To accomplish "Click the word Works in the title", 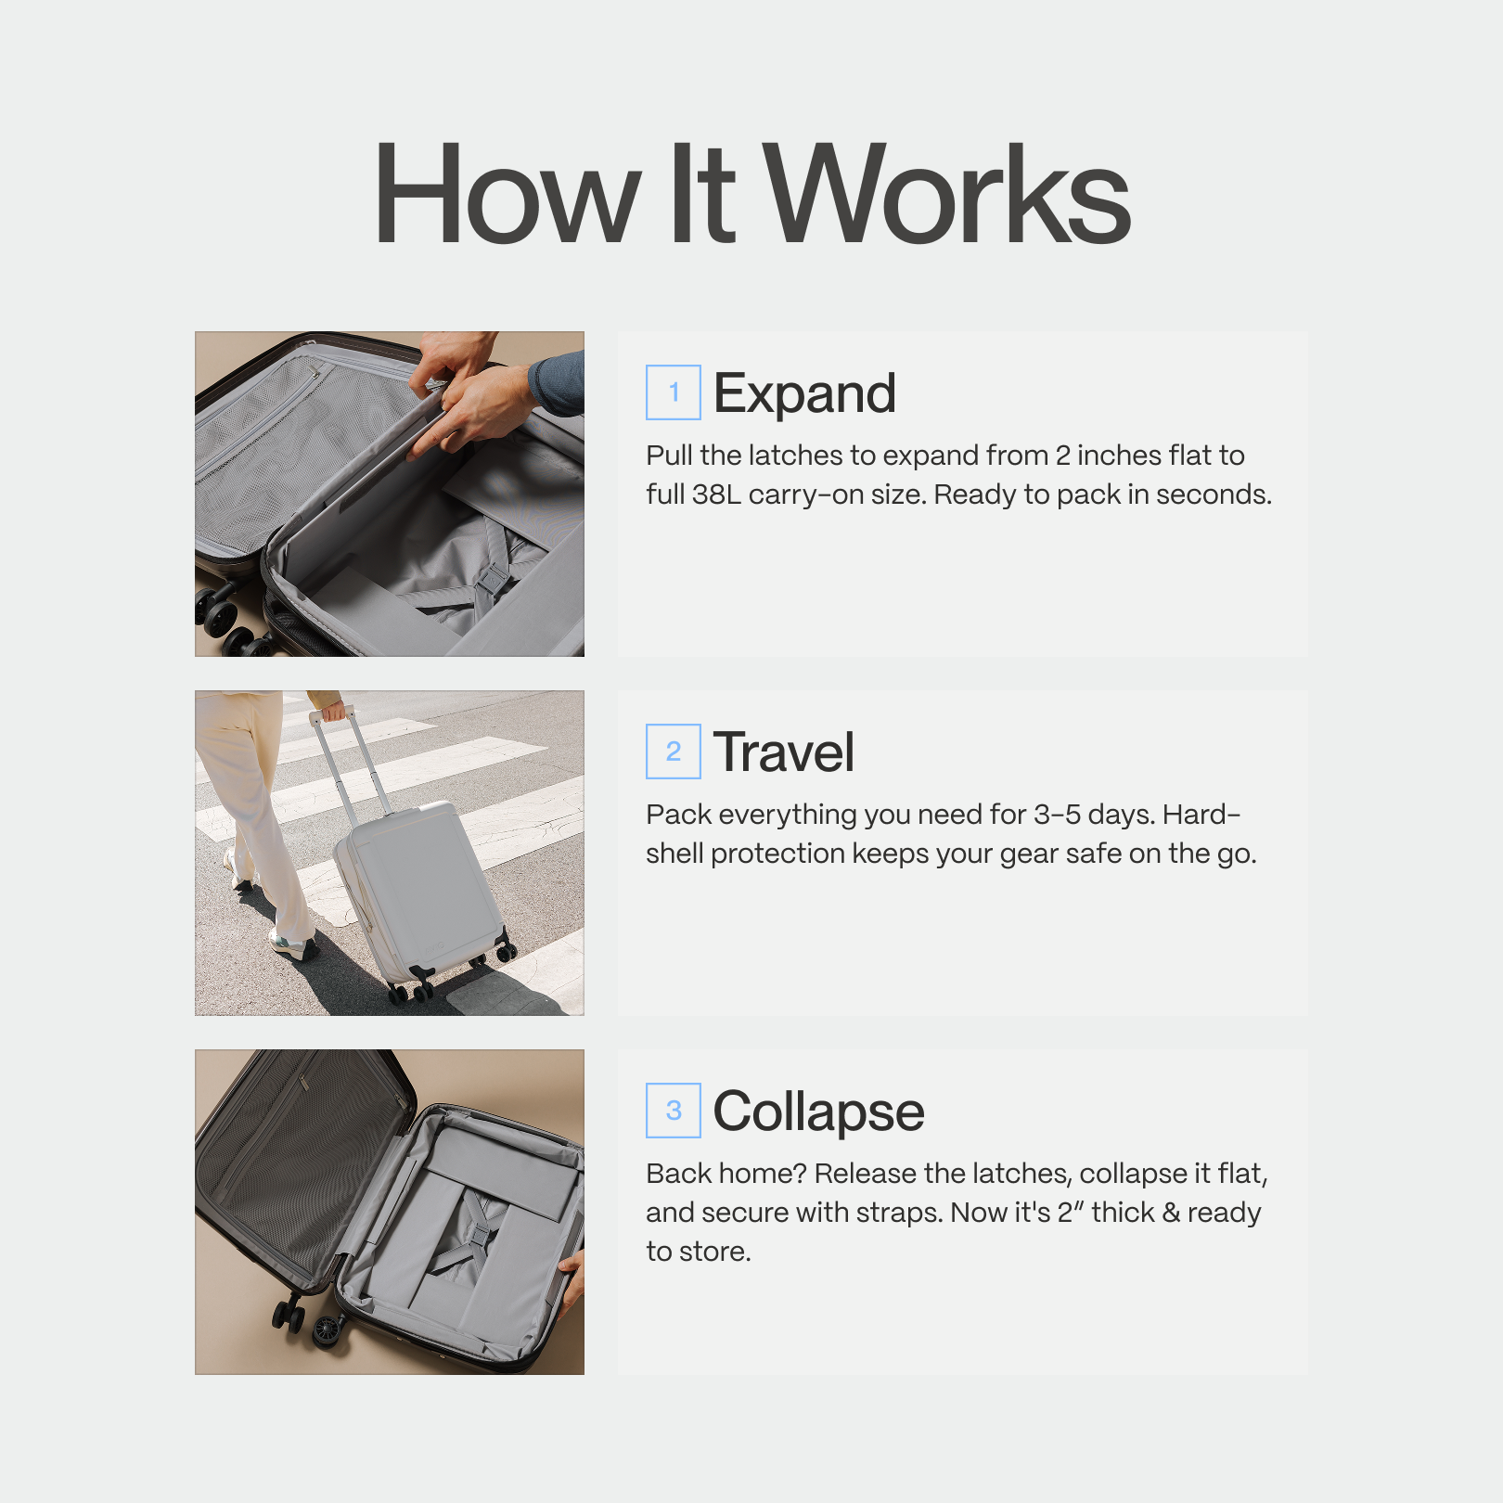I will click(946, 195).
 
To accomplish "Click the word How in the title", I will click(507, 195).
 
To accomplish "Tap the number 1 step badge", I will click(674, 392).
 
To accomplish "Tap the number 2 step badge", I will click(674, 751).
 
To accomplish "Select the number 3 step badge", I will click(674, 1111).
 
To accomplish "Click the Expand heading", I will click(804, 393).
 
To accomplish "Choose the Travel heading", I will click(784, 752).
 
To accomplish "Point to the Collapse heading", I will click(818, 1111).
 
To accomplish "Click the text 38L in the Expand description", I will click(716, 495).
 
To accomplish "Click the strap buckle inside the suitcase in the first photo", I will click(492, 579).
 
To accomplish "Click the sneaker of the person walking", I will click(292, 946).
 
